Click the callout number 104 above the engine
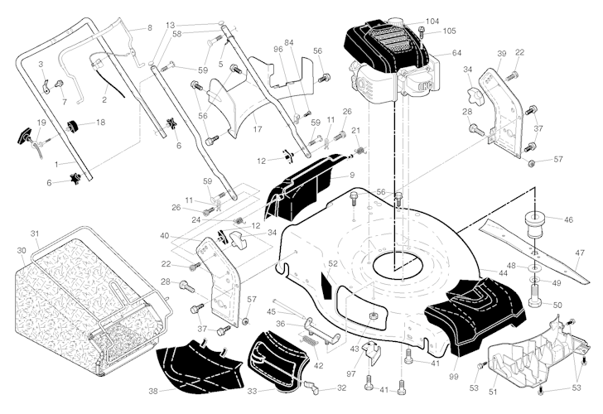coord(432,20)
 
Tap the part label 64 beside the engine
coord(456,53)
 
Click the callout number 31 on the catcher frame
coord(34,233)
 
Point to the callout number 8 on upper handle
coord(150,28)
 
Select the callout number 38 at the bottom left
coord(152,391)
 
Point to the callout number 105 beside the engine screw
coord(448,31)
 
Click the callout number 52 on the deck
coord(333,264)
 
